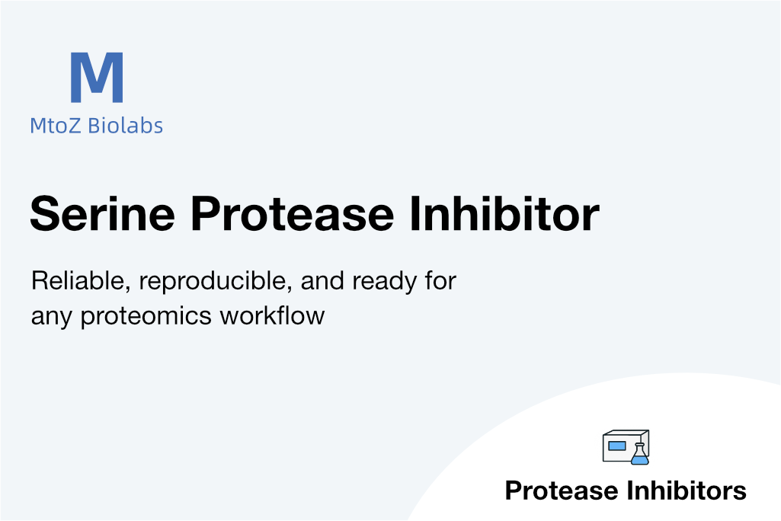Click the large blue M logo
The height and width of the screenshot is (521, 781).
point(97,77)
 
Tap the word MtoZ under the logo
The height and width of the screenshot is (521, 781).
point(56,126)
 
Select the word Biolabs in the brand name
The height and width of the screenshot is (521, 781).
point(125,126)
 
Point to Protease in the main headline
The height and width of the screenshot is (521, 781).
point(293,214)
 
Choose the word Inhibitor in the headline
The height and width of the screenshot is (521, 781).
point(504,213)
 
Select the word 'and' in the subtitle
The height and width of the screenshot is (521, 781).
point(322,281)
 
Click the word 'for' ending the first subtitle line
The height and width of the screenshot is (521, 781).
point(440,281)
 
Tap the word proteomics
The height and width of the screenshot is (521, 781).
point(146,317)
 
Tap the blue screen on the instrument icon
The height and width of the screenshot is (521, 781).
point(617,446)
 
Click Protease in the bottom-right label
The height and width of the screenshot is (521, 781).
point(562,491)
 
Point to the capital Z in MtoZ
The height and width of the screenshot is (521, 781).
point(73,126)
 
